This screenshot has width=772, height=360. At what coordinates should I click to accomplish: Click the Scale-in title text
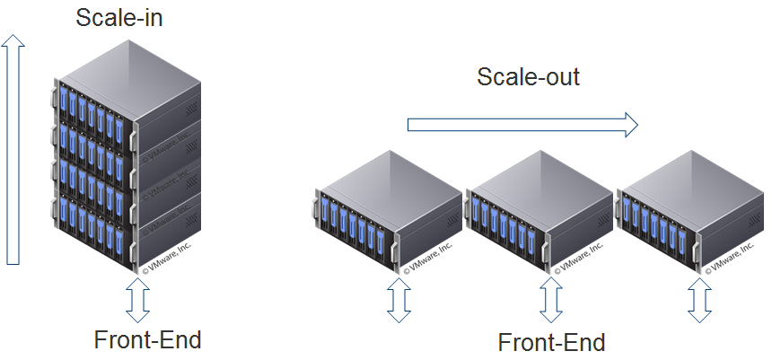[x=119, y=19]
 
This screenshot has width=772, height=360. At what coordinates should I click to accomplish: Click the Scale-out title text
[x=528, y=76]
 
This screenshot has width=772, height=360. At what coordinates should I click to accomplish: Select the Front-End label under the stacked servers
[x=147, y=340]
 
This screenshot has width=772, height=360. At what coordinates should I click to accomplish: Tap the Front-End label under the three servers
[x=551, y=342]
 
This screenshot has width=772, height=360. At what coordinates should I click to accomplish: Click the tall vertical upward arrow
[x=13, y=153]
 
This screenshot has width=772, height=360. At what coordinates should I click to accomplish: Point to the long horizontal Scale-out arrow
[x=521, y=125]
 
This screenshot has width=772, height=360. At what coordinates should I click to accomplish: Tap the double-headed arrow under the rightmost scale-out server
[x=698, y=298]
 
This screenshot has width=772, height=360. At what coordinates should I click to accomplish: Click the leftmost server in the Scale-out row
[x=382, y=215]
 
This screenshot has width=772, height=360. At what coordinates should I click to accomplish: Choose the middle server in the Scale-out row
[x=535, y=215]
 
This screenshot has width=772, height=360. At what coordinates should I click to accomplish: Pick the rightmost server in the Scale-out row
[x=687, y=215]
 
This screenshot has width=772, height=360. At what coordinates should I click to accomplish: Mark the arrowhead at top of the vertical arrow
[x=13, y=40]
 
